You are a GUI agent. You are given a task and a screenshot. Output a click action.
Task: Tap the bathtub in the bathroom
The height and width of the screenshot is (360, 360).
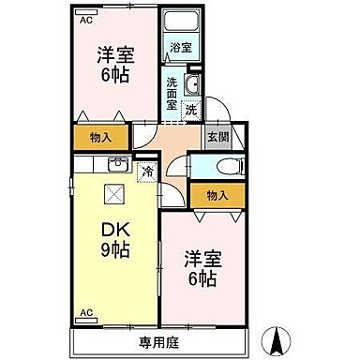[x=177, y=23]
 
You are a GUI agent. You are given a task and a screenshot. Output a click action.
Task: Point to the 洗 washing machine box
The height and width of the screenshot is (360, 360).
[x=190, y=111]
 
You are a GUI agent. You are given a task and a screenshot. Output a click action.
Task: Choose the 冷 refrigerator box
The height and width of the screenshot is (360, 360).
[x=148, y=171]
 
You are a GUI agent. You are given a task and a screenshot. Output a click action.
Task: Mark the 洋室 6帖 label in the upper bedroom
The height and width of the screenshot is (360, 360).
[x=112, y=66]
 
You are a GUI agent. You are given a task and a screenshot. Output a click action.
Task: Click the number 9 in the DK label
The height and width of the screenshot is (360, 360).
[x=106, y=250]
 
